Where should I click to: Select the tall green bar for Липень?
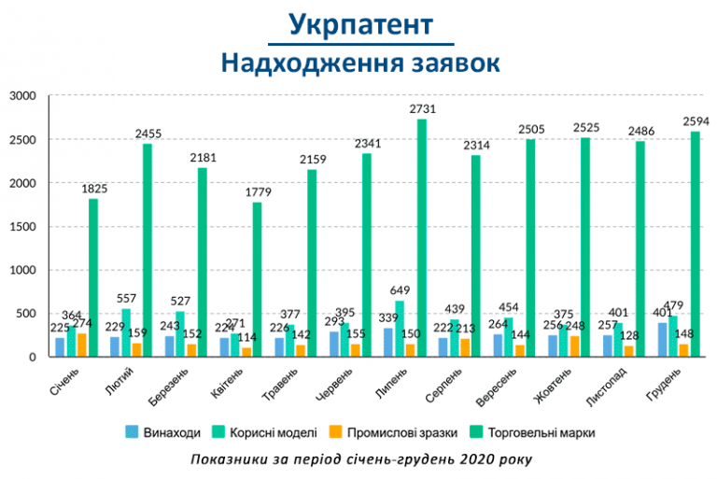click(422, 238)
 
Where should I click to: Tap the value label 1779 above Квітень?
click(258, 166)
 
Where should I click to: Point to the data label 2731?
click(422, 110)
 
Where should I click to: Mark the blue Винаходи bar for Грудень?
click(662, 340)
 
